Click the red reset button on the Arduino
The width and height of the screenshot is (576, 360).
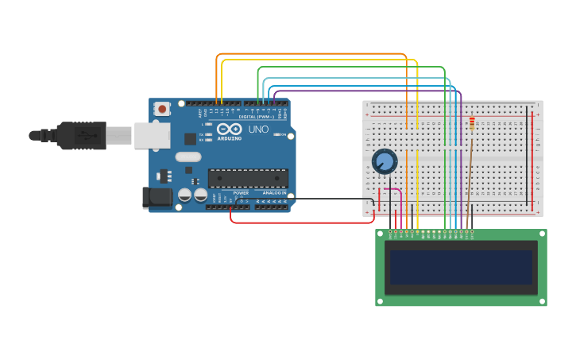tap(162, 108)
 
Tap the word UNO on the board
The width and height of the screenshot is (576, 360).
tap(258, 130)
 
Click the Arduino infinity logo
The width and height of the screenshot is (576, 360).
tap(229, 129)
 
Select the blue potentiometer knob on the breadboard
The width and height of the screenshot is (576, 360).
tap(385, 161)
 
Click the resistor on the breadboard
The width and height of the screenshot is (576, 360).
tap(472, 123)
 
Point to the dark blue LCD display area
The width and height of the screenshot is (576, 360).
tap(461, 267)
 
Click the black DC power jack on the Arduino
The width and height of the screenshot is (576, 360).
tap(157, 197)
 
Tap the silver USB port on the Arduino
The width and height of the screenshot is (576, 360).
tap(151, 136)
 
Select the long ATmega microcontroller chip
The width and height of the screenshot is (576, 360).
tap(248, 178)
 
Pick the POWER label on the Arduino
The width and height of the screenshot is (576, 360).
tap(241, 193)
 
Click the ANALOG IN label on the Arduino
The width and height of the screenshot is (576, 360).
tap(274, 193)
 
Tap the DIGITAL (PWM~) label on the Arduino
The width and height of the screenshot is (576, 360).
tap(258, 117)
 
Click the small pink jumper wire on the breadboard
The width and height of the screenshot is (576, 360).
tap(393, 190)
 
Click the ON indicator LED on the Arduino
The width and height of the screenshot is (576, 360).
tap(276, 134)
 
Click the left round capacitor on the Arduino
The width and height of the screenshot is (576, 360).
tap(185, 194)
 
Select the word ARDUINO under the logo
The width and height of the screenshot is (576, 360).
tap(230, 138)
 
